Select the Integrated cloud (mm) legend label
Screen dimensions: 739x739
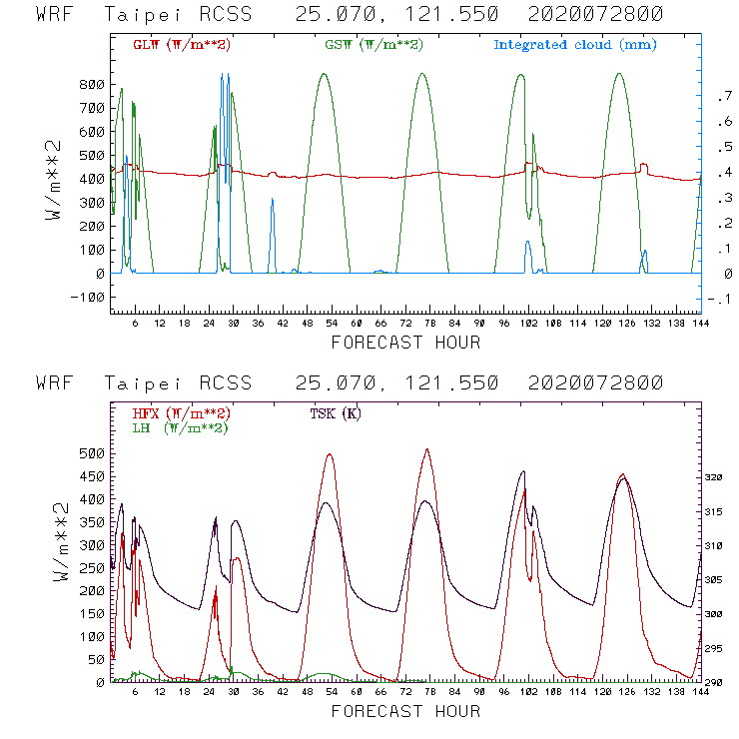tap(575, 45)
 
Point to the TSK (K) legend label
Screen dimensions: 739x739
tap(335, 413)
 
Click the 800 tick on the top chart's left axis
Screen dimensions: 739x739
tap(93, 84)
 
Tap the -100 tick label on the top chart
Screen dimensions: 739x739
tap(89, 297)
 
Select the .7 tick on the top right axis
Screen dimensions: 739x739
tap(723, 96)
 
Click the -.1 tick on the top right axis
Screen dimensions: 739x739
tap(721, 299)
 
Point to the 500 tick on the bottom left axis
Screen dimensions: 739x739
tap(93, 453)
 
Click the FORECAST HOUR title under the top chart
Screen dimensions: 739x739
tap(405, 343)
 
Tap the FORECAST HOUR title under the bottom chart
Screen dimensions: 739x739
tap(405, 711)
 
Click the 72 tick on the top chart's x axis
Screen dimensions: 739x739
tap(405, 323)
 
